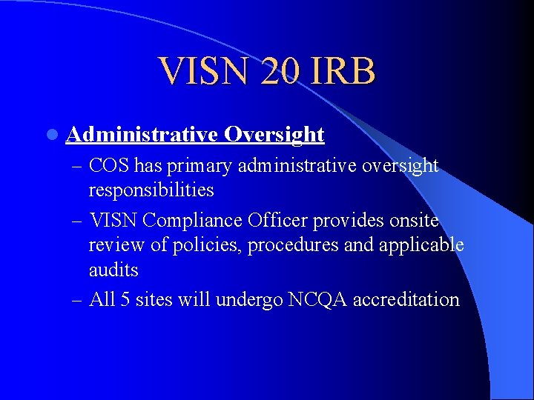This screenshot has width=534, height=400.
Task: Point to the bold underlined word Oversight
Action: click(x=274, y=134)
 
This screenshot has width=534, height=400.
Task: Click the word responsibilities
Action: click(x=151, y=190)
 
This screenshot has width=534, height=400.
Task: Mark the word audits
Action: click(x=113, y=270)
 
